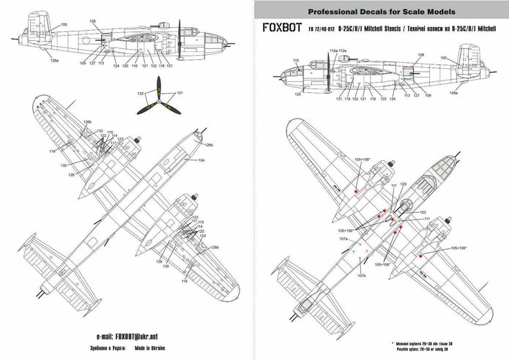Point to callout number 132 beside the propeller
point(141,94)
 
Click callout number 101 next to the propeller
point(180,93)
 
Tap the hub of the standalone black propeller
point(160,100)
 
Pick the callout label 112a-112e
point(338,50)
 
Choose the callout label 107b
point(362,276)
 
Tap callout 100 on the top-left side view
point(64,25)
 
